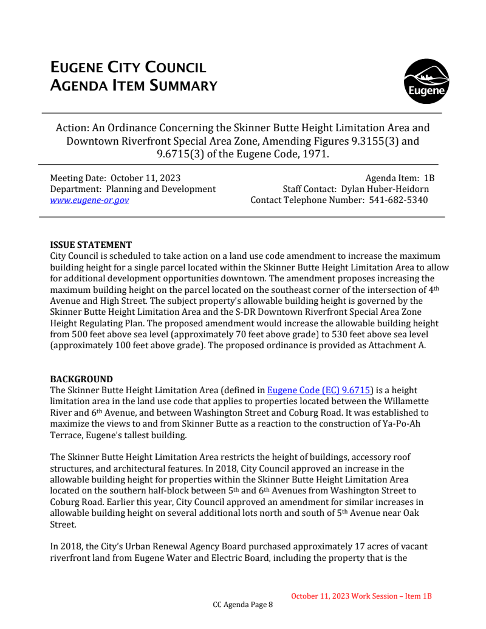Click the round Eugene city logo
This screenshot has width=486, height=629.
pyautogui.click(x=426, y=81)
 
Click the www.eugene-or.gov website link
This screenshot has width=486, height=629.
pyautogui.click(x=89, y=200)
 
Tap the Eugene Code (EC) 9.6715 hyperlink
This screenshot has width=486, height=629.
pyautogui.click(x=320, y=390)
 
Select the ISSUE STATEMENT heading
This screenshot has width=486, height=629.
pyautogui.click(x=91, y=245)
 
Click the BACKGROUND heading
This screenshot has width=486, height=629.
pyautogui.click(x=81, y=379)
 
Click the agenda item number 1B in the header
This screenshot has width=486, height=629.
pyautogui.click(x=428, y=178)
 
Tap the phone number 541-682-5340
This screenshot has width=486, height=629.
pyautogui.click(x=399, y=200)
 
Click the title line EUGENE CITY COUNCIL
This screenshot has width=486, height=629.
pyautogui.click(x=128, y=68)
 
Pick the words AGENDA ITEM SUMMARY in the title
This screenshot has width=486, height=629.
pyautogui.click(x=134, y=86)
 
